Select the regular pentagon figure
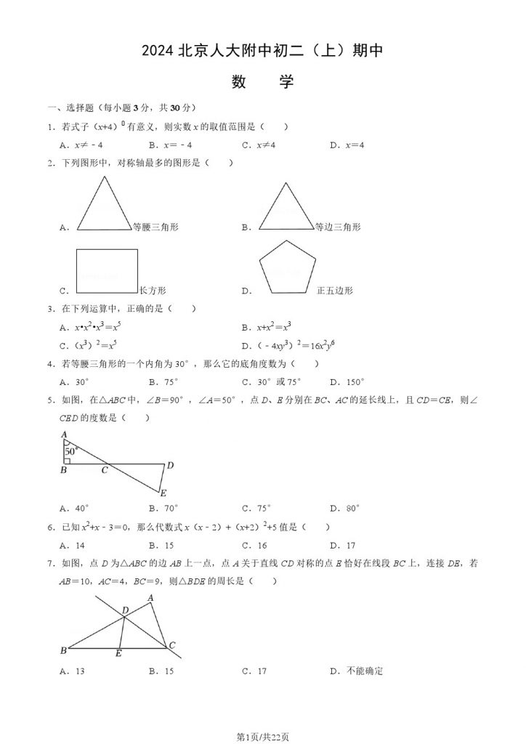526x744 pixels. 288,267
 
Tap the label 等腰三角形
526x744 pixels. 155,227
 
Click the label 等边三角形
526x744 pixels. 338,227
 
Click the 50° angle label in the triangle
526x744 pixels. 70,451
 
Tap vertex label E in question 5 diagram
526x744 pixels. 163,493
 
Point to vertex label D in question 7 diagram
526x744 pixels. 125,610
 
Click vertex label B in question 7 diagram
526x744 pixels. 63,650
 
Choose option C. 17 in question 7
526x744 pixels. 254,671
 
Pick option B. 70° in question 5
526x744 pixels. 163,509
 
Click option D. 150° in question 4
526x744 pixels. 347,381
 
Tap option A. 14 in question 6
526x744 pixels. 73,546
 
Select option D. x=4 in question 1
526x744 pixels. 347,145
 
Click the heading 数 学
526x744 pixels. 262,81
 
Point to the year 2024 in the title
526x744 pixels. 158,51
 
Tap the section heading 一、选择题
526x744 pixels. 70,108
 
